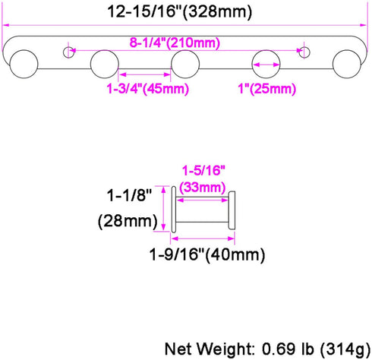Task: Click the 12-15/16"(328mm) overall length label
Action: coord(180,11)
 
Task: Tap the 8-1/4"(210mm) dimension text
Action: coord(175,43)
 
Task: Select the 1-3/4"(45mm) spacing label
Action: coord(148,89)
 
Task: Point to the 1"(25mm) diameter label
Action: coord(266,89)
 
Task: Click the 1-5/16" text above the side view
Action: coord(203,170)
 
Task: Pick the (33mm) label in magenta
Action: coord(203,188)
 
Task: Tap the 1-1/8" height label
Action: coord(129,195)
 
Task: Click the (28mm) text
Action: coord(128,221)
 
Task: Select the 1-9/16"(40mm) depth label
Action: coord(207,254)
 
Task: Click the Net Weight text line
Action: coord(267,349)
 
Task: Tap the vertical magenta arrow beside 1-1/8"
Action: coord(163,207)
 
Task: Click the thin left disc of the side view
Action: coord(173,209)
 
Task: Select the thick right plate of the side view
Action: coord(232,210)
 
